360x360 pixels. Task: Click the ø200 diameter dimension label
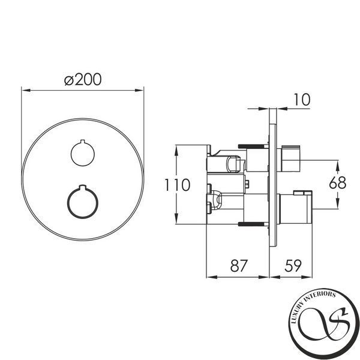83,80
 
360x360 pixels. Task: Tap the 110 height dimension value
178,185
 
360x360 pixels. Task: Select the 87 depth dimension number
239,266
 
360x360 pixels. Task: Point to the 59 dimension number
293,266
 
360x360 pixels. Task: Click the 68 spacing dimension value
337,183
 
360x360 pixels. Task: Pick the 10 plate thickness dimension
302,100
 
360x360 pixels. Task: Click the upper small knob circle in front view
83,154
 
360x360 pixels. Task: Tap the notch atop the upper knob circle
83,141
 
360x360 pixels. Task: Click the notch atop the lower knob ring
83,187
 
